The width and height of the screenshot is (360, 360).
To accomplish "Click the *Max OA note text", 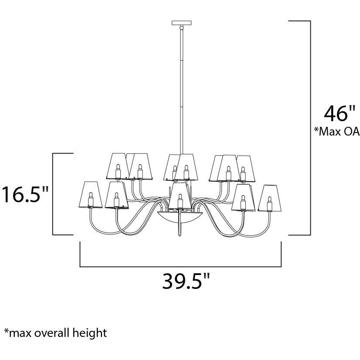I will point(336,132).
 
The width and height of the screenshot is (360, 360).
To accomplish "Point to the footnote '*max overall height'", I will point(55,333).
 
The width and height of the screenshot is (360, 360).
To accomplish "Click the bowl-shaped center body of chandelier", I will point(180,216).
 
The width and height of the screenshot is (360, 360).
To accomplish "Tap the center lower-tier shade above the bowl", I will point(180,195).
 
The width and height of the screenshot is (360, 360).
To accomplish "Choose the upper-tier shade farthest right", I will point(245,168).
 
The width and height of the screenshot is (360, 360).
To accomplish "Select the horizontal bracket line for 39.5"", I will point(180,266).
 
